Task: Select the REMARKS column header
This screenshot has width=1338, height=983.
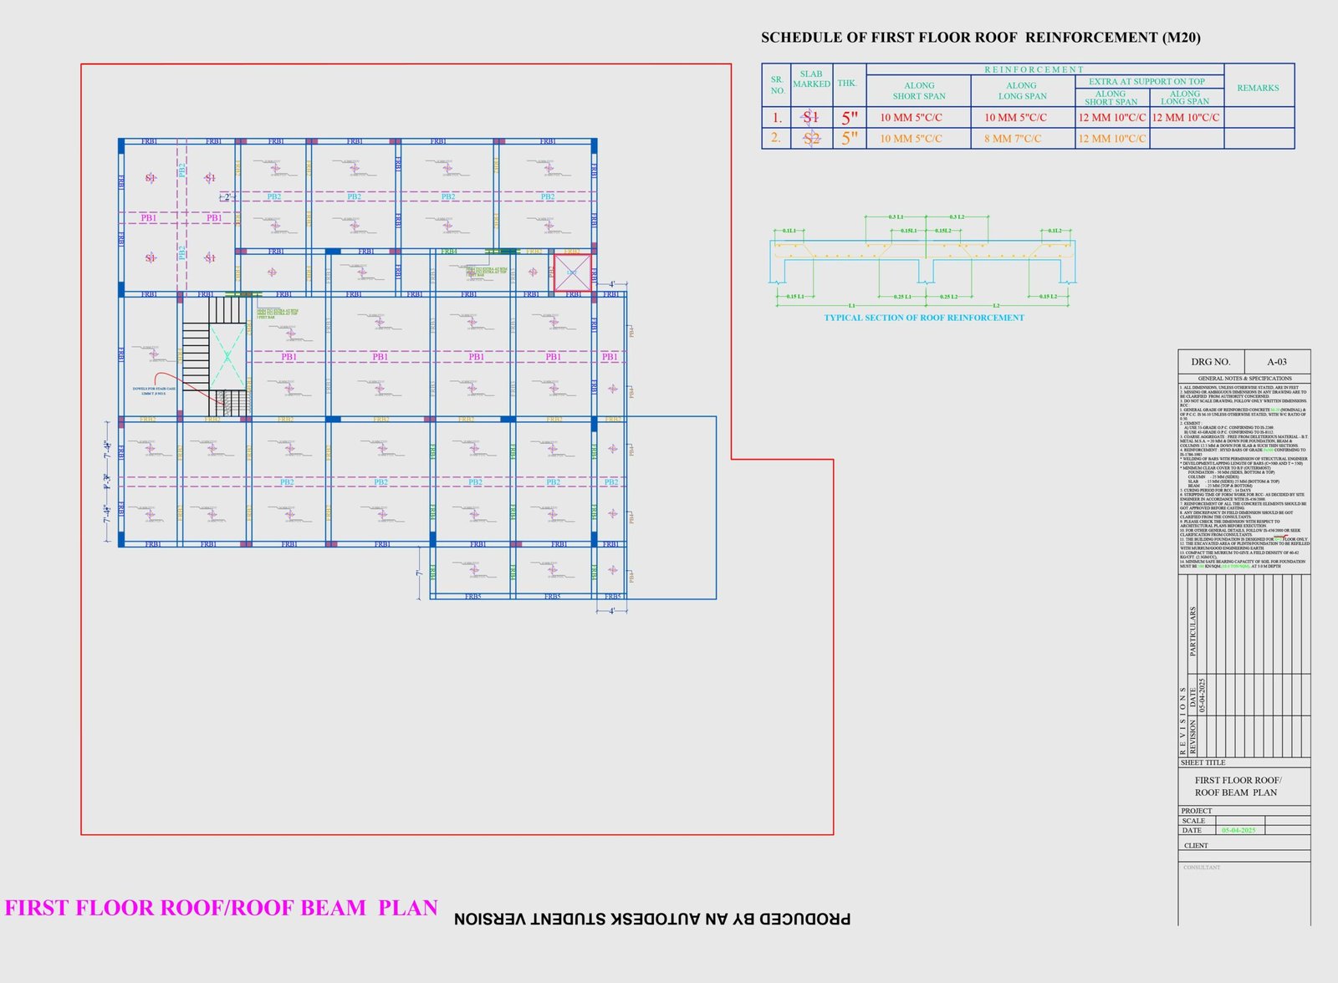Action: click(1258, 88)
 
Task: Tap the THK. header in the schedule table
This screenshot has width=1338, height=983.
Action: click(848, 84)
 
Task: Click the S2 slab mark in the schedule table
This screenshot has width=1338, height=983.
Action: click(811, 139)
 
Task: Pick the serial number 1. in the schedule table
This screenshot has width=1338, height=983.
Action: click(777, 118)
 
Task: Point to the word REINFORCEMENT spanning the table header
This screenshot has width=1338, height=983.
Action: click(1034, 69)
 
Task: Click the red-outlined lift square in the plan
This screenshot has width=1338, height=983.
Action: click(572, 272)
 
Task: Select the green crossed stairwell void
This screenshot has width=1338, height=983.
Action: click(227, 357)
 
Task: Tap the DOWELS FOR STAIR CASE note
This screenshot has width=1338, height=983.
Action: click(154, 390)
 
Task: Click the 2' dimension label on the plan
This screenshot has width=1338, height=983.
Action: click(227, 197)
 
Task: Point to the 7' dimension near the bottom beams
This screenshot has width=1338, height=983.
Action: click(418, 573)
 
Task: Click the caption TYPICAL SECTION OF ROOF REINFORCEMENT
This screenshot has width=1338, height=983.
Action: click(923, 318)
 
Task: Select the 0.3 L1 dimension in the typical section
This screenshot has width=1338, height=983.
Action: click(896, 217)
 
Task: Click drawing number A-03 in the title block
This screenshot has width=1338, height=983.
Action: click(1276, 362)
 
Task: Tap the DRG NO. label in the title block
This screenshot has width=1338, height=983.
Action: click(1210, 362)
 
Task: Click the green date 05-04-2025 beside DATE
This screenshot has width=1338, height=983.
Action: click(1238, 830)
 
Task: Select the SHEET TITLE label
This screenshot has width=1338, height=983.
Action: click(1203, 762)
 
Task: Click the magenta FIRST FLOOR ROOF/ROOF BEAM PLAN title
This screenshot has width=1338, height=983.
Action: click(221, 908)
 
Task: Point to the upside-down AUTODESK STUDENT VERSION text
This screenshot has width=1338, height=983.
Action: click(652, 919)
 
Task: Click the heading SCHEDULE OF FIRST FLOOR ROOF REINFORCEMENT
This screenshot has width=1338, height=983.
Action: click(980, 38)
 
